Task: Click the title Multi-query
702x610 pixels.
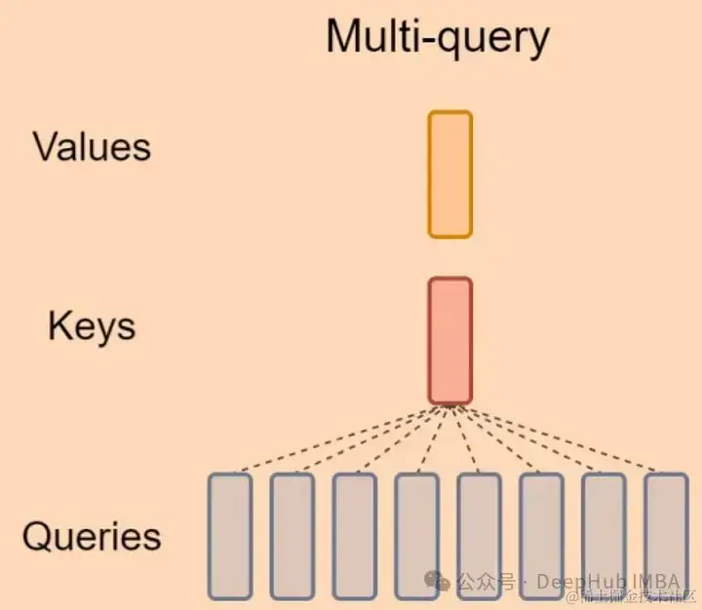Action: coord(438,37)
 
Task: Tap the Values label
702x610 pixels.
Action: coord(92,147)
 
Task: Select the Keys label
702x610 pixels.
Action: coord(92,326)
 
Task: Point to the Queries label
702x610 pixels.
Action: coord(92,537)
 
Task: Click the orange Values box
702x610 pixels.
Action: coord(449,174)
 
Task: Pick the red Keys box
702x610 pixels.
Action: coord(449,341)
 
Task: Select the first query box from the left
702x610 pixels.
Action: coord(230,536)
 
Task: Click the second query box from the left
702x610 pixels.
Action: coord(292,536)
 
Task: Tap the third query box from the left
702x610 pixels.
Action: coord(355,536)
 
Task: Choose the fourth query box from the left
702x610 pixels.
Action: coord(417,536)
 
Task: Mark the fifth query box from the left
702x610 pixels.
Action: coord(480,536)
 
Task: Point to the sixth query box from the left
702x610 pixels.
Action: coord(542,536)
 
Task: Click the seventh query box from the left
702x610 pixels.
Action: coord(604,536)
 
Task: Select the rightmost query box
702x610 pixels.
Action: coord(667,536)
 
